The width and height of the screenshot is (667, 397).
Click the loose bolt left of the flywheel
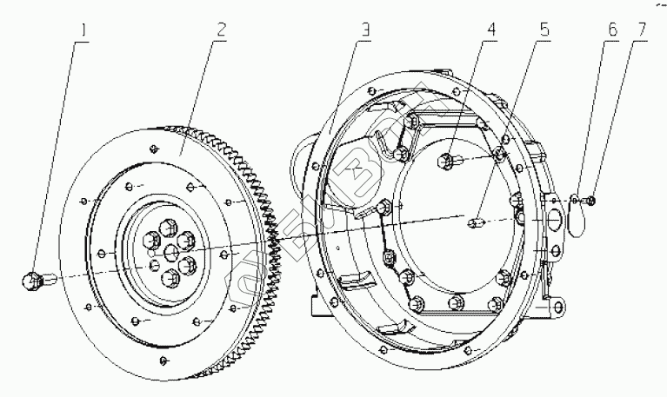[x=36, y=280]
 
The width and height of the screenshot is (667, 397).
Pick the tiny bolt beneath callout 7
[x=590, y=202]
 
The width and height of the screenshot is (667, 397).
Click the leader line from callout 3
[x=348, y=87]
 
